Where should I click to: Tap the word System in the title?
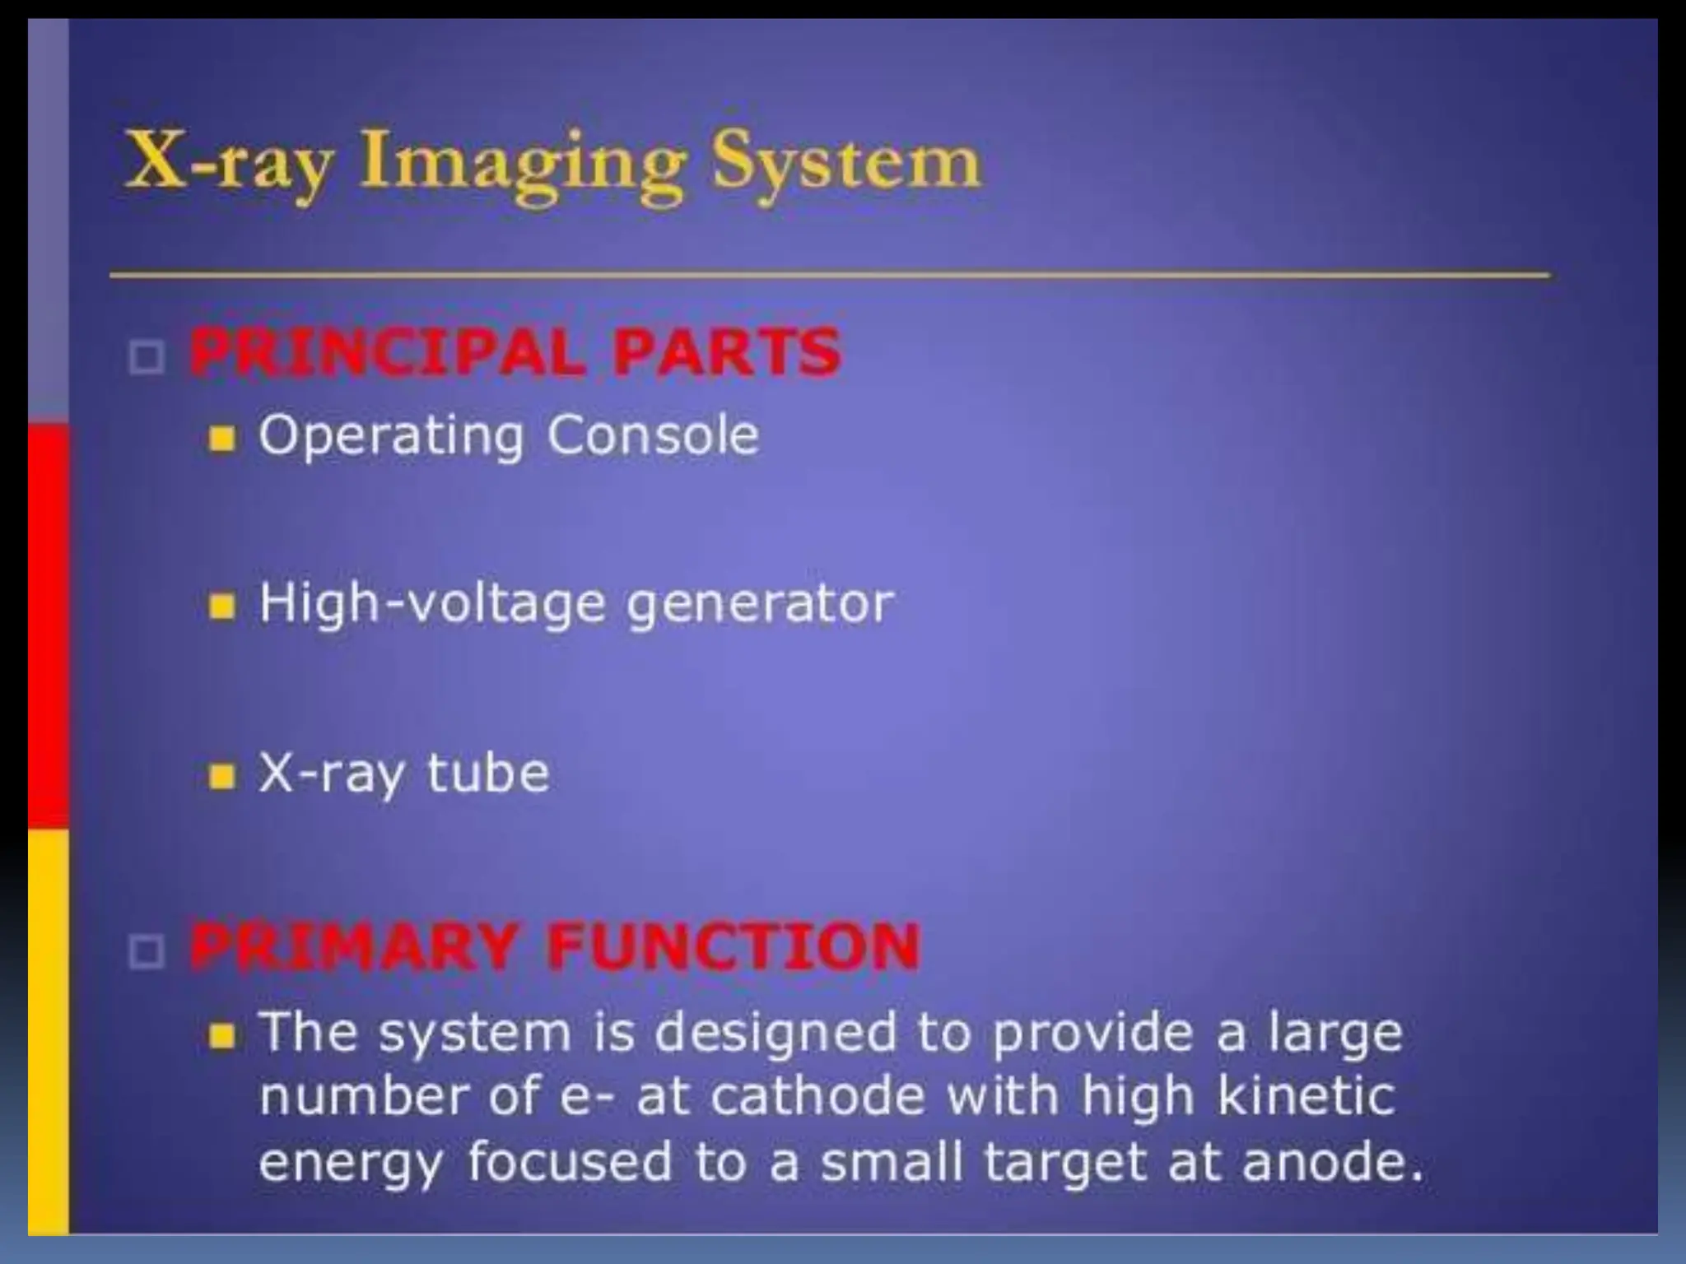tap(846, 163)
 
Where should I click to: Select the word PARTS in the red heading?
tap(725, 353)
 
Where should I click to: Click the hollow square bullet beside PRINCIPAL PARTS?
tap(147, 358)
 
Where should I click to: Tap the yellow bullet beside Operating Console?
tap(221, 439)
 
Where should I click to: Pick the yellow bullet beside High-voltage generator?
tap(221, 607)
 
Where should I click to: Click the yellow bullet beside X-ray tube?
tap(221, 776)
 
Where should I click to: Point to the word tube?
tap(487, 774)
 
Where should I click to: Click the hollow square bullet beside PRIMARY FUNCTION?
tap(147, 952)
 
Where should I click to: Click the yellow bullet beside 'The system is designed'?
tap(221, 1036)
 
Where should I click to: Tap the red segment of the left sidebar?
tap(48, 625)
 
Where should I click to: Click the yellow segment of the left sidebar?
tap(48, 1029)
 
